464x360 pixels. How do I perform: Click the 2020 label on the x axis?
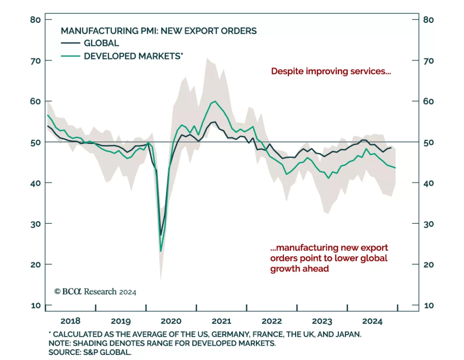pos(171,321)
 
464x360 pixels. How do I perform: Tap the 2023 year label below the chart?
pos(322,321)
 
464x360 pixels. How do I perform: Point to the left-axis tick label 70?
pos(35,61)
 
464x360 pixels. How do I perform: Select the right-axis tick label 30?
pos(429,224)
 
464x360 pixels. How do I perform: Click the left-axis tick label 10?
pos(36,306)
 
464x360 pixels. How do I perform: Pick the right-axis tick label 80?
pos(429,20)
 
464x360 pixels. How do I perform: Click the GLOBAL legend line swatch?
pos(70,43)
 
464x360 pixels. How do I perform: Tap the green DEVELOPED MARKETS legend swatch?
pos(70,56)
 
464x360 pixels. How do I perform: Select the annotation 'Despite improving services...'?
pos(331,71)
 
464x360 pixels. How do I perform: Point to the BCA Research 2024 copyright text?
pos(95,292)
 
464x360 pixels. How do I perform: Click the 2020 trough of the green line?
pos(161,251)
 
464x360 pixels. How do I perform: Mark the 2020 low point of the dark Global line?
pos(161,235)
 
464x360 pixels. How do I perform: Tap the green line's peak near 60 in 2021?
pos(215,101)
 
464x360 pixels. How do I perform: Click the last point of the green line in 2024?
pos(395,168)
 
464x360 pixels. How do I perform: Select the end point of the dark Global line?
pos(391,148)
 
